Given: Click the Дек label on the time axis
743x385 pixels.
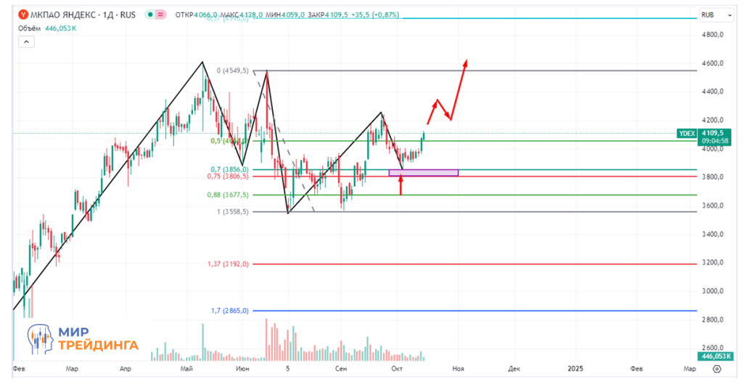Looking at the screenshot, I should pos(514,369).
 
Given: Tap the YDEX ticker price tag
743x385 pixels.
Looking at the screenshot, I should pos(686,133).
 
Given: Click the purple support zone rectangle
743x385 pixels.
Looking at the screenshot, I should pos(424,172).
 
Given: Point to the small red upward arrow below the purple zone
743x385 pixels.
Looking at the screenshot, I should pos(401,185).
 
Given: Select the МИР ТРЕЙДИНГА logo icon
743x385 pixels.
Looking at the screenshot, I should pos(43,339).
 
